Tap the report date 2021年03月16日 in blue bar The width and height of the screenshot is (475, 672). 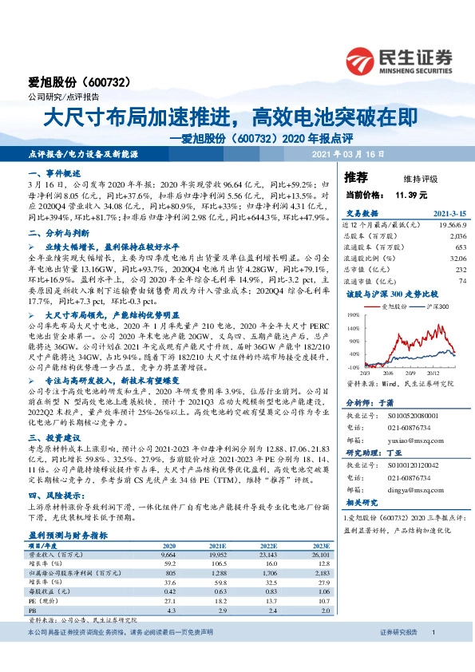349,152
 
